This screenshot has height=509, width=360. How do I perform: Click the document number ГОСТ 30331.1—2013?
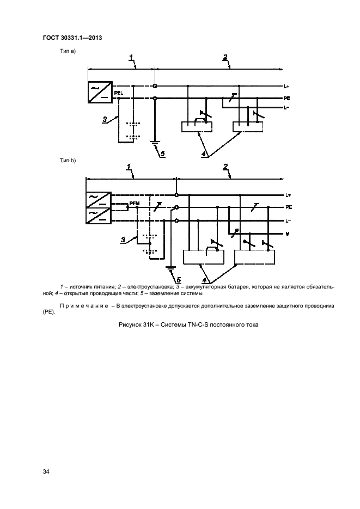pos(72,38)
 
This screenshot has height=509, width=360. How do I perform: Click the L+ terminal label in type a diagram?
pos(286,87)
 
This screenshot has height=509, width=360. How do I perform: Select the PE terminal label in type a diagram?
pos(286,98)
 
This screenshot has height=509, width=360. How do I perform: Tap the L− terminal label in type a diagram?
pos(286,108)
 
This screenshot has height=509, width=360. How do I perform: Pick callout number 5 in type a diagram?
pos(162,154)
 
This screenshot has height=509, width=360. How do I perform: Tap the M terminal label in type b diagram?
pos(287,234)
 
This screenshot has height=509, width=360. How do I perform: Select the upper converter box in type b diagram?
pos(99,200)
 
